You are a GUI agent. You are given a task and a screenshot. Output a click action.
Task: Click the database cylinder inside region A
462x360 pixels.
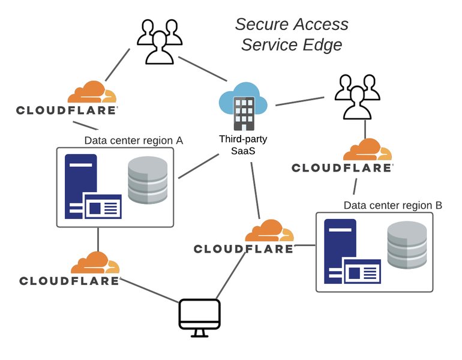148,181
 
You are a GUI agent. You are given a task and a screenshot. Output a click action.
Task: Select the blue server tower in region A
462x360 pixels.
80,183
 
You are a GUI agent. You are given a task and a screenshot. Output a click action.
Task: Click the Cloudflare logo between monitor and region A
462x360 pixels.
69,269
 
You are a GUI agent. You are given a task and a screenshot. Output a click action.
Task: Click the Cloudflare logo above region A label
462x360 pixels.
67,99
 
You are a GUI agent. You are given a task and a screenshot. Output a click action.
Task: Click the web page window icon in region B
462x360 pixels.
361,271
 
